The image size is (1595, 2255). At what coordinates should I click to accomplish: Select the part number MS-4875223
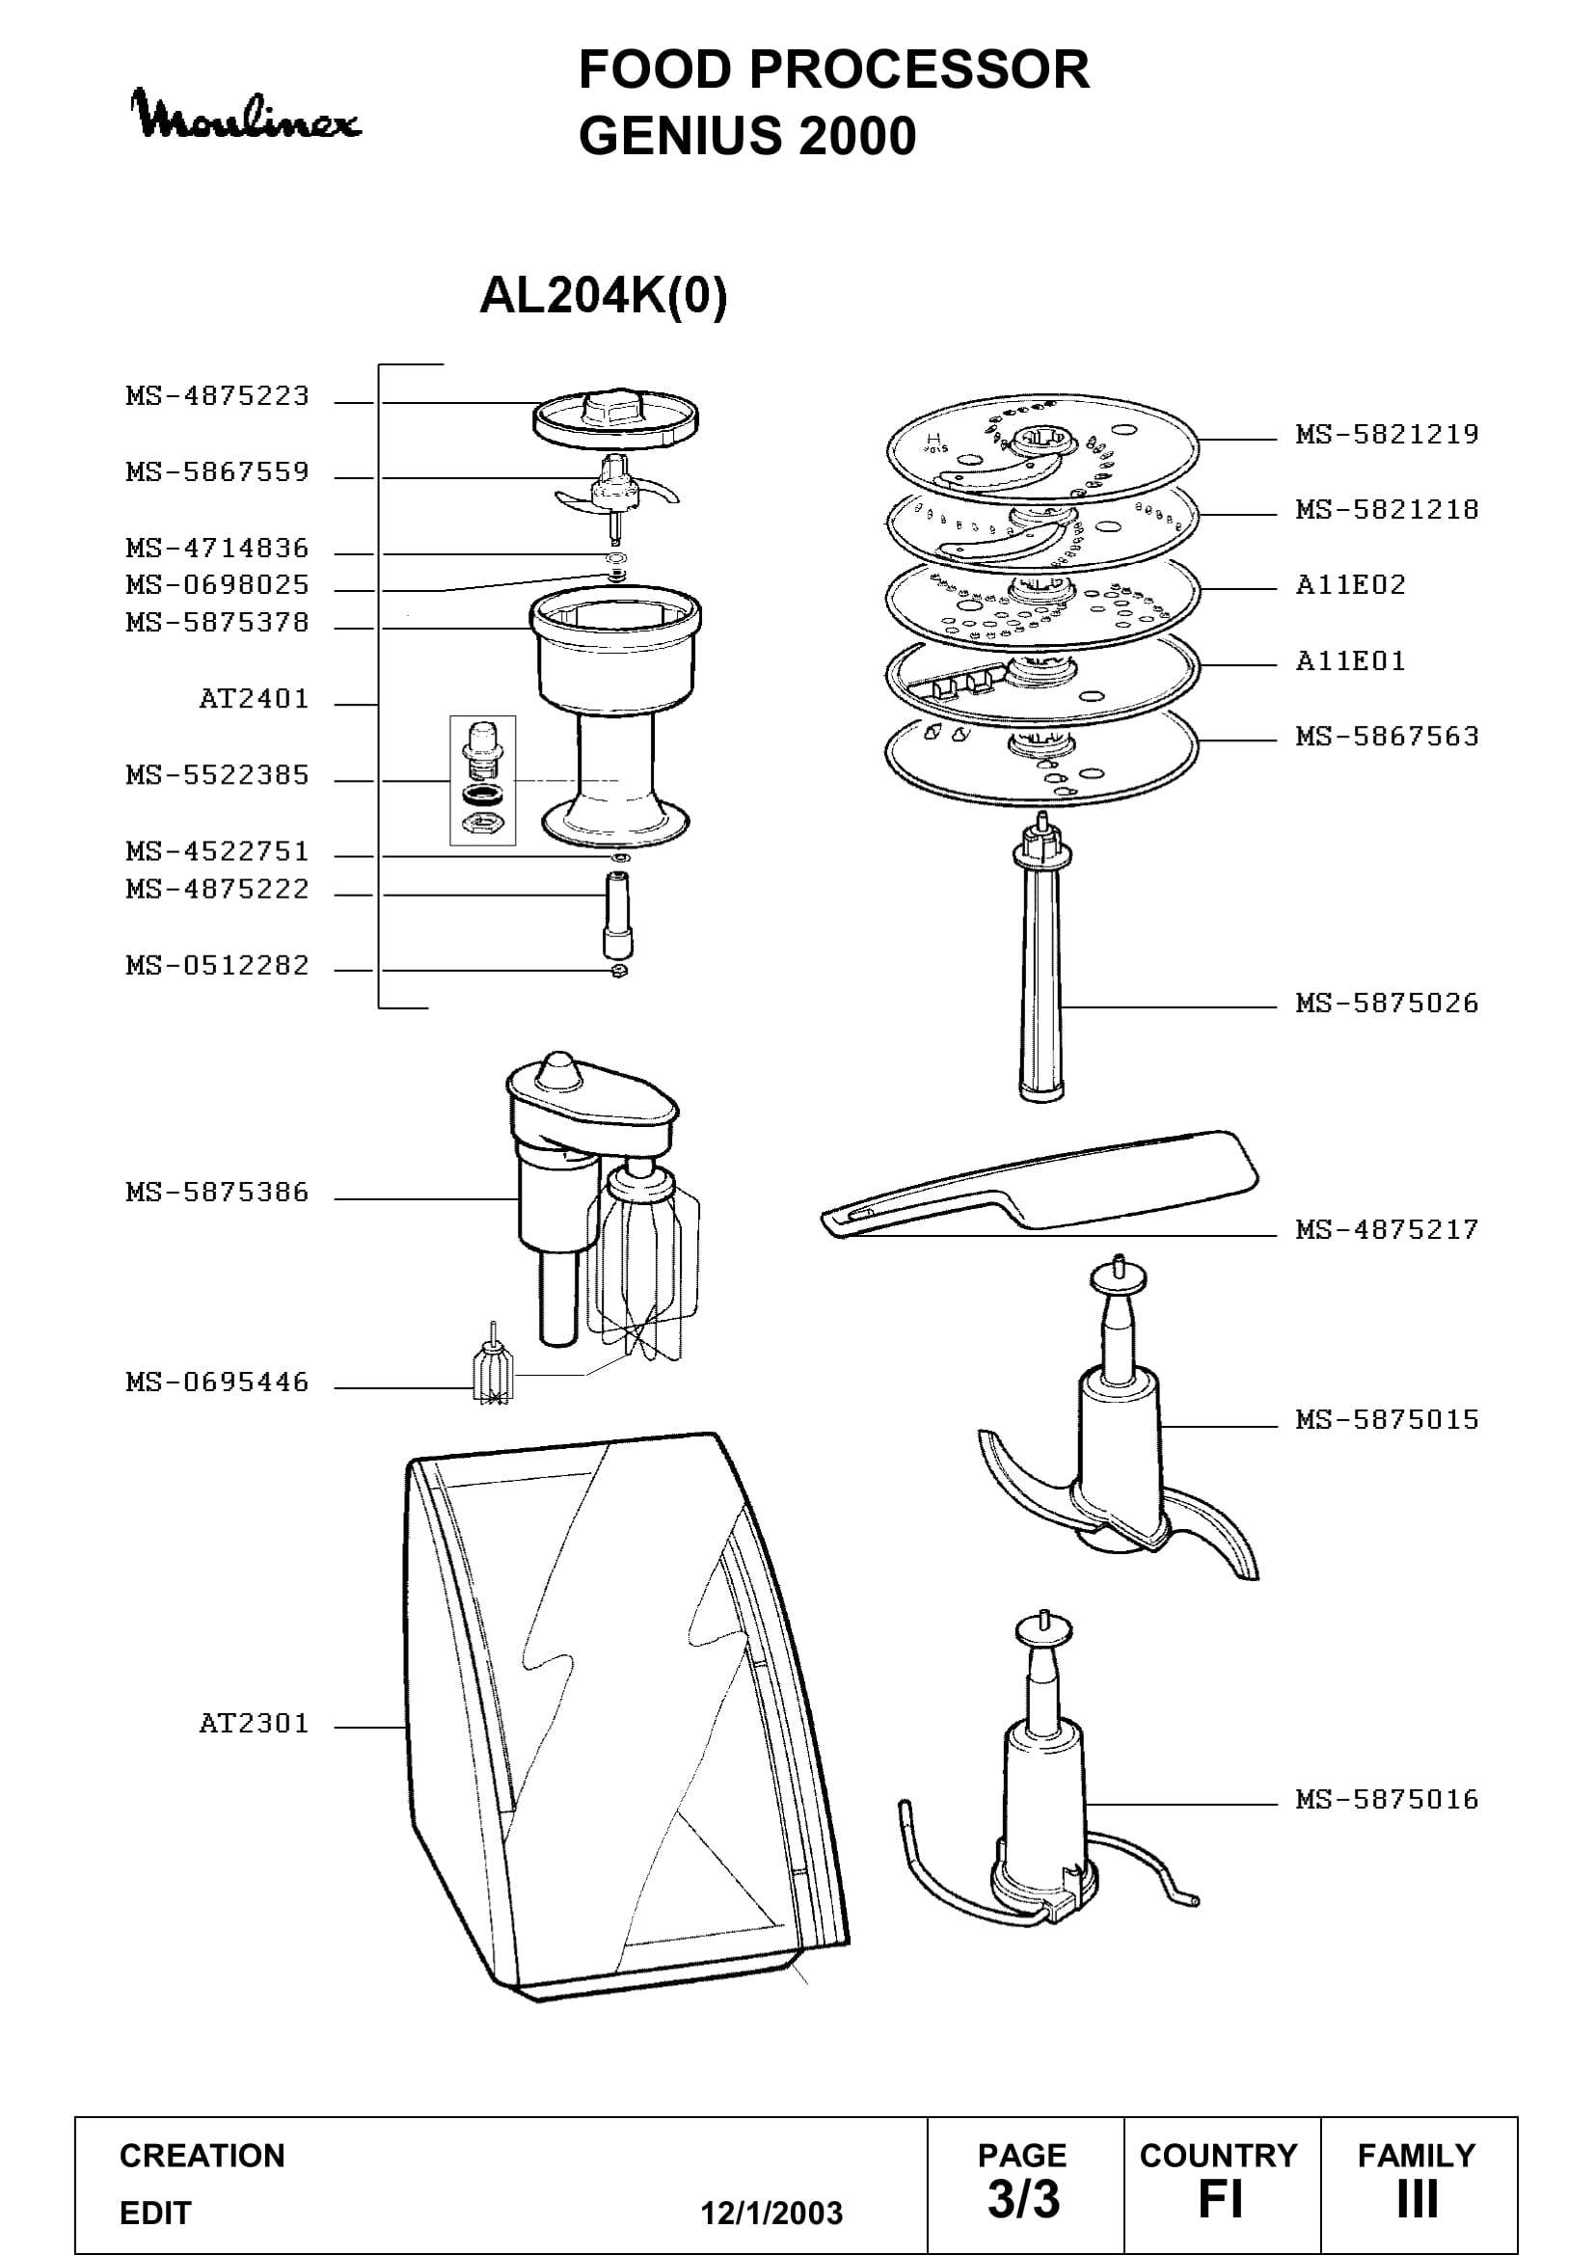tap(217, 396)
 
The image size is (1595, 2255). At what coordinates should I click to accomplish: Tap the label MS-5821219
tap(1387, 434)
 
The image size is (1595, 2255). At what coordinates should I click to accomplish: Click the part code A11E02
tap(1350, 585)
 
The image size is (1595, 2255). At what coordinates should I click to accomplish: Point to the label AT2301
tap(254, 1723)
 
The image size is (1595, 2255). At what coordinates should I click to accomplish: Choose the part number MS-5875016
tap(1387, 1799)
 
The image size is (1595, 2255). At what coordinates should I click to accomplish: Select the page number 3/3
tap(1023, 2200)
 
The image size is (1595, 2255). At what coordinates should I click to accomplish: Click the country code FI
tap(1220, 2200)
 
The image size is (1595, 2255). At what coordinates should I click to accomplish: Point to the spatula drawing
tap(1040, 1184)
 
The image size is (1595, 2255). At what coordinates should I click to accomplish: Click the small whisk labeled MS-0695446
tap(493, 1367)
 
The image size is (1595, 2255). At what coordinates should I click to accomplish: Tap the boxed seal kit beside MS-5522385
tap(482, 780)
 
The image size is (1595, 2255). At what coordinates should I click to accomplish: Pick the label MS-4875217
tap(1387, 1229)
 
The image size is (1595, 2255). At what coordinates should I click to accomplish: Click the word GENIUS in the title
tap(680, 136)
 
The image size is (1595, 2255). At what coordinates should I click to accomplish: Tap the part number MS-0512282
tap(217, 965)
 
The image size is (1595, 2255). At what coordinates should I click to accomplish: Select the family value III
tap(1418, 2200)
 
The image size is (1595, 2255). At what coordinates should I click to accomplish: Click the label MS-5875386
tap(217, 1193)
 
